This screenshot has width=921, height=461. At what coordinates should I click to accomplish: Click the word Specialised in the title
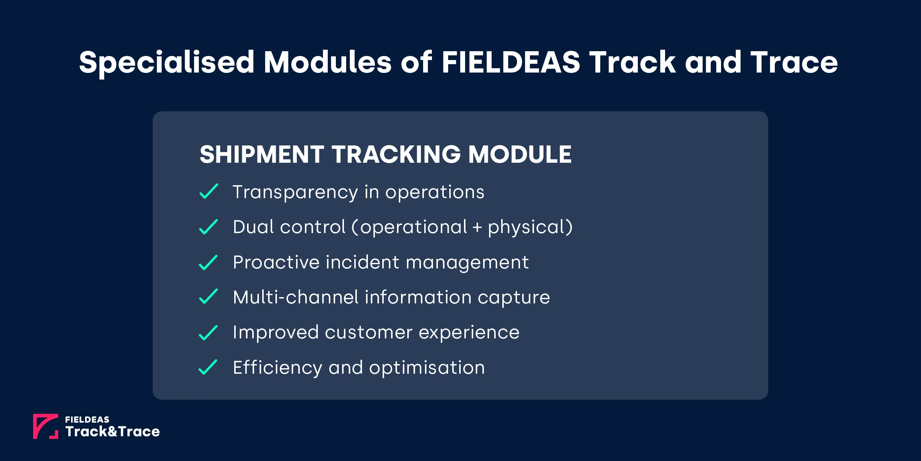tap(166, 63)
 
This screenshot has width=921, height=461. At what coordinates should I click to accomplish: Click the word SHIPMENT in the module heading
tap(262, 154)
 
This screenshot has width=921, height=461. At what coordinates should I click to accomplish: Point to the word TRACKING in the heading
tap(396, 154)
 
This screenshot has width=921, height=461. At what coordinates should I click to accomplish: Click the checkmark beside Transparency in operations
tap(208, 191)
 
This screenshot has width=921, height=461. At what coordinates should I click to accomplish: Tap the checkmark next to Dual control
tap(208, 227)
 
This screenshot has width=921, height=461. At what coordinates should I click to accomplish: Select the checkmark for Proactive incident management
tap(208, 263)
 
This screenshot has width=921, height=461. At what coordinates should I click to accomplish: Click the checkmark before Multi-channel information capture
tap(208, 296)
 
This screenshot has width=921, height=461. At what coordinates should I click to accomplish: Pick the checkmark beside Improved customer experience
tap(208, 333)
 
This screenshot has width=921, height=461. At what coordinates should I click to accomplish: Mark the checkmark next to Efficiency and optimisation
tap(208, 367)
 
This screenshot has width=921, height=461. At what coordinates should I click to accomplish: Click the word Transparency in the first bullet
tap(295, 192)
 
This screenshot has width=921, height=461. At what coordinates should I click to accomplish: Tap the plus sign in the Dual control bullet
tap(477, 228)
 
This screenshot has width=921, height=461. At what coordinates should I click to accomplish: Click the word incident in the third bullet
tap(362, 263)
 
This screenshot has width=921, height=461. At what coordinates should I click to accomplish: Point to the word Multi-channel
tap(296, 297)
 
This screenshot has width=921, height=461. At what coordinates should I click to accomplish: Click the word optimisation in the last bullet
tap(427, 368)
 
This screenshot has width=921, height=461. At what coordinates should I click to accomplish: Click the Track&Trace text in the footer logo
tap(113, 432)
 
